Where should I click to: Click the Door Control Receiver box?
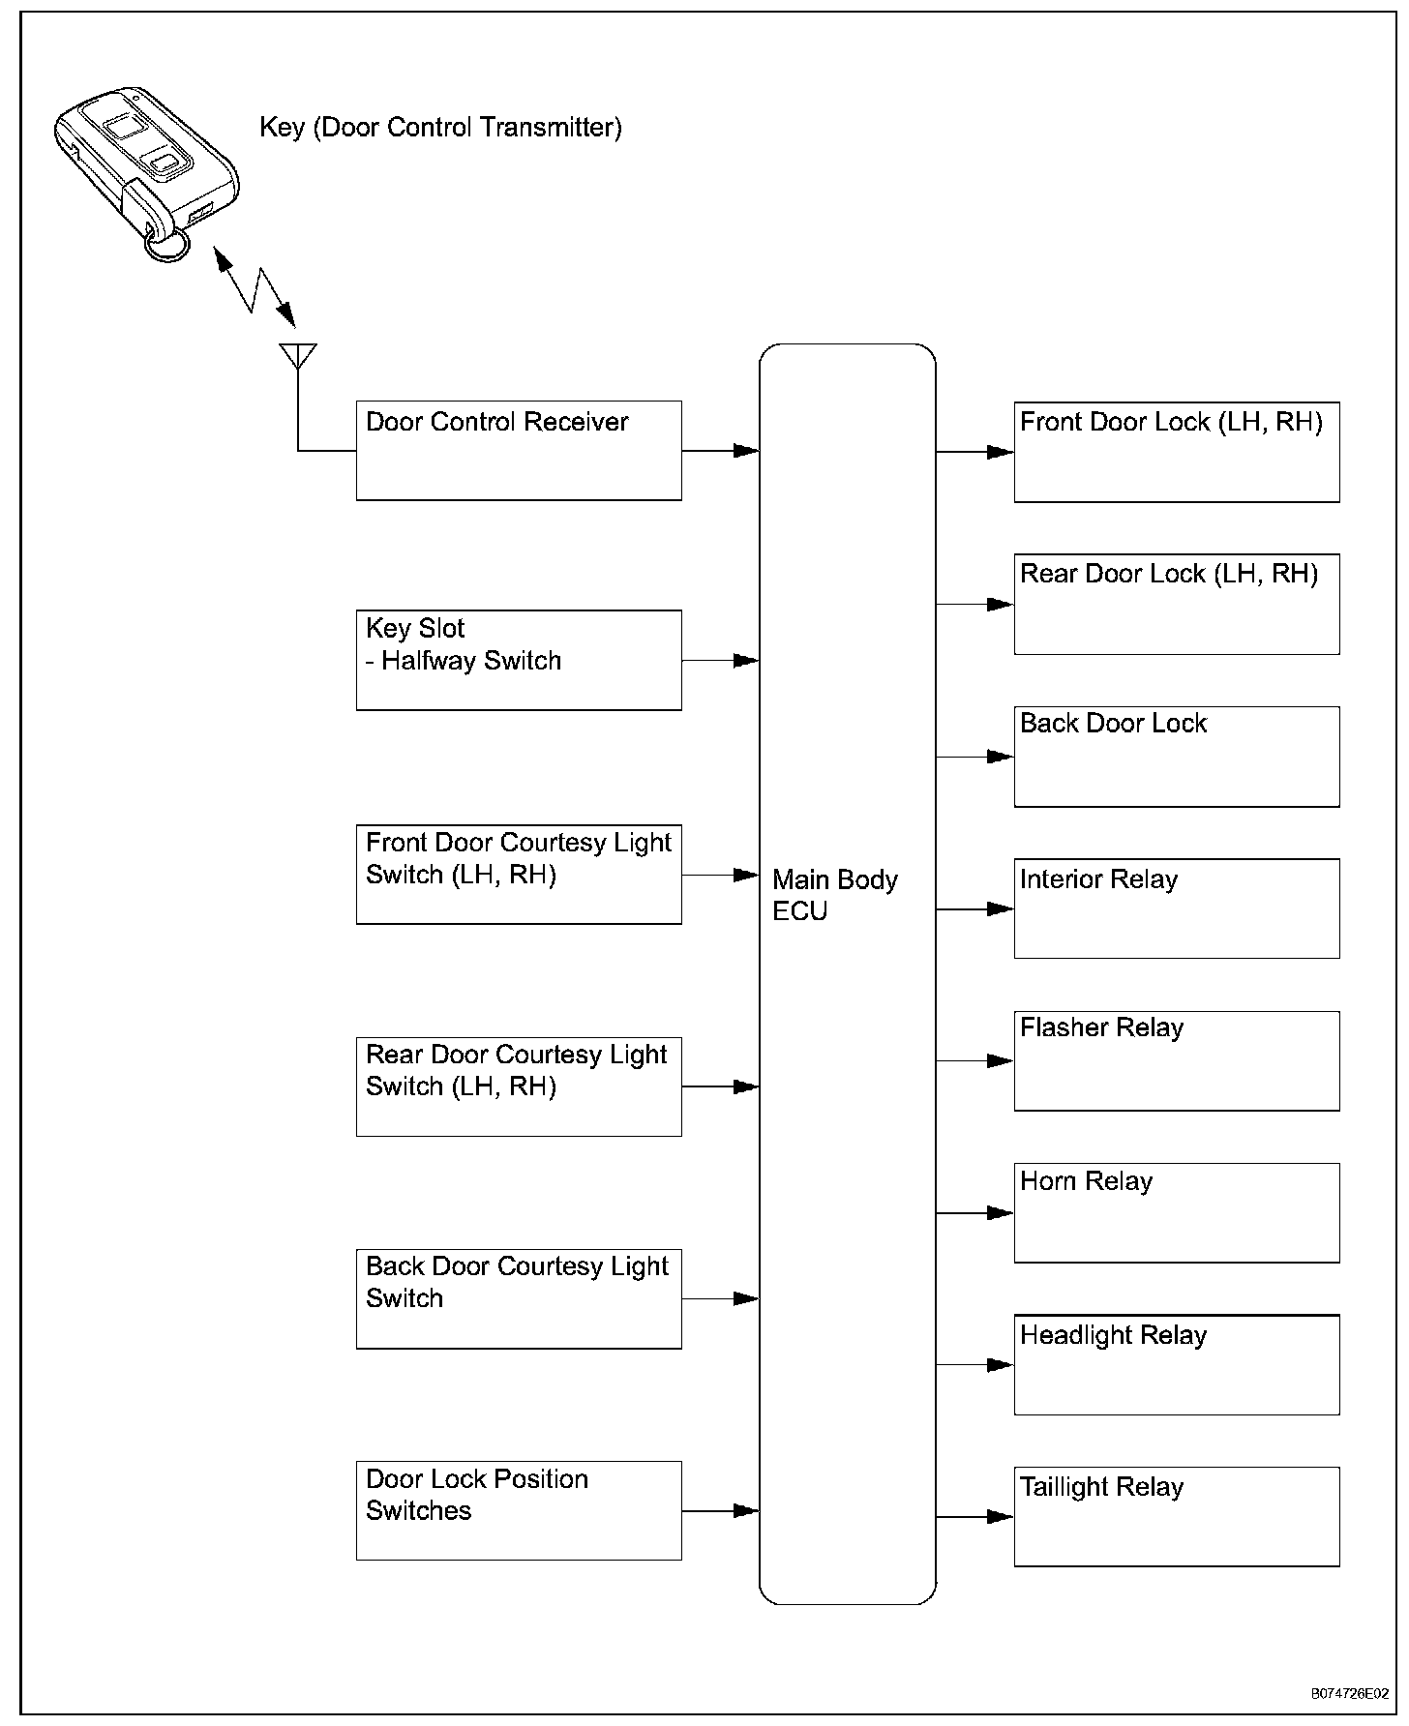(519, 451)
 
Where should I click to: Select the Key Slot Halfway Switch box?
(519, 660)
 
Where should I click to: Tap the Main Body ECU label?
(834, 895)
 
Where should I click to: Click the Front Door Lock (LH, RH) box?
(1177, 452)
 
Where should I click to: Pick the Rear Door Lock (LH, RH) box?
(1177, 604)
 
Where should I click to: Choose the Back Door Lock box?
(1177, 757)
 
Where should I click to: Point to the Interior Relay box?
(1177, 908)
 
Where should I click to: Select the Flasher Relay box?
(1177, 1060)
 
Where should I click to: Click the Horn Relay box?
(1177, 1212)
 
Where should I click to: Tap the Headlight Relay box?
(1177, 1364)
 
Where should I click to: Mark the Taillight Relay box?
(1177, 1516)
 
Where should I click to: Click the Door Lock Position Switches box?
(519, 1510)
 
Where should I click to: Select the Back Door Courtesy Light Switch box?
(519, 1298)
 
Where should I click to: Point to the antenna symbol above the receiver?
(297, 356)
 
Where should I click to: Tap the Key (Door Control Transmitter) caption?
(440, 128)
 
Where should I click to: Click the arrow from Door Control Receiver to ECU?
(720, 451)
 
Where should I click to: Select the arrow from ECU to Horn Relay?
(974, 1212)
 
